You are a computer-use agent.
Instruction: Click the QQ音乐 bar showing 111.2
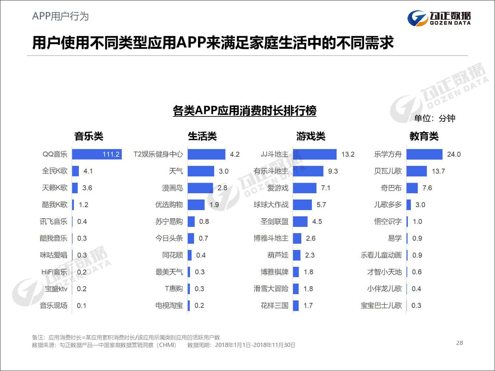pos(97,154)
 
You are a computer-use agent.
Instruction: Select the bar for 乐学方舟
pos(424,154)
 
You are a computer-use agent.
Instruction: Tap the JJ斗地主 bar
pos(314,154)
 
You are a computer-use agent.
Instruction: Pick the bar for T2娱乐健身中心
pos(207,154)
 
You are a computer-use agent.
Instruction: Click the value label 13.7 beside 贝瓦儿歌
pos(438,171)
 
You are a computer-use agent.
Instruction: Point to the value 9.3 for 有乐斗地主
pos(333,171)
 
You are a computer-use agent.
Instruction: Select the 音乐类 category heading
pos(88,136)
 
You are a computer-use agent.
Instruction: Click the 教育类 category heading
pos(424,136)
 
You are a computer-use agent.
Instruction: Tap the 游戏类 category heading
pos(311,136)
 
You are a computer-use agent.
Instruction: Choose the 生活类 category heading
pos(202,136)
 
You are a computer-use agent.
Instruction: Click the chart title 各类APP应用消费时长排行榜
pos(245,111)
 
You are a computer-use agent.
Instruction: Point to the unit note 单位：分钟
pos(435,118)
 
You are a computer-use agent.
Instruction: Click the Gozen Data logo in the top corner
pos(439,18)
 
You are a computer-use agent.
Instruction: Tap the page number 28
pos(459,343)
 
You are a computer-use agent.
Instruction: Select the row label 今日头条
pos(169,238)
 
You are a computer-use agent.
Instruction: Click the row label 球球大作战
pos(271,205)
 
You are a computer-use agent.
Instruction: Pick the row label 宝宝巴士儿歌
pos(381,305)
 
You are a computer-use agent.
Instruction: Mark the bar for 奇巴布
pos(412,188)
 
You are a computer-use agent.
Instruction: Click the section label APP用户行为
pos(60,16)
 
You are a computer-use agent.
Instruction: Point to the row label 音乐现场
pos(53,305)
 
